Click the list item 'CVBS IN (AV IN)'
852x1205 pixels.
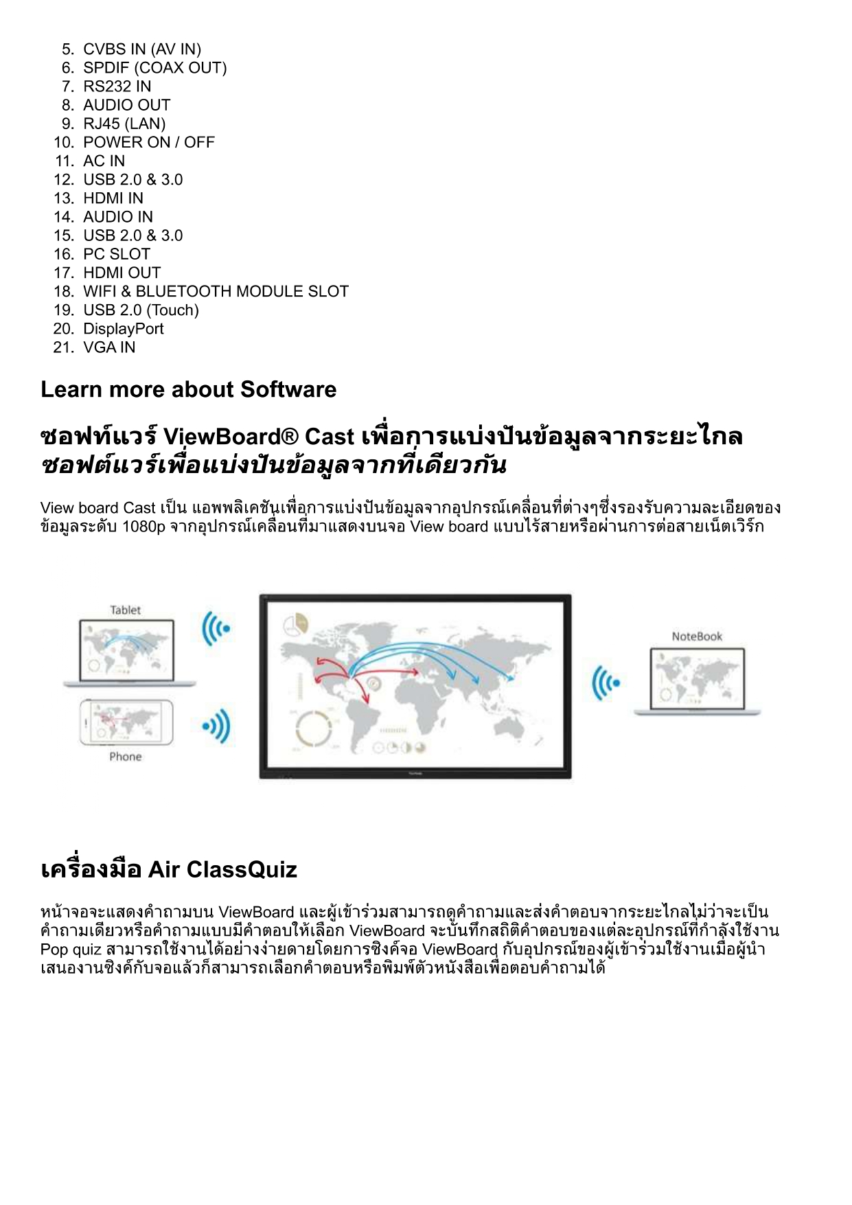tap(141, 49)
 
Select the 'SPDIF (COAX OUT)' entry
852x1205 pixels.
tap(154, 68)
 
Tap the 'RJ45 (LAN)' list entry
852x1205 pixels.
tap(124, 124)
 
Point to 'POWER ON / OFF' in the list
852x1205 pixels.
tap(148, 142)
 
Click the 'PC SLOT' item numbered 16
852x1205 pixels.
tap(116, 254)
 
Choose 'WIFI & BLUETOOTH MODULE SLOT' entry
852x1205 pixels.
tap(216, 291)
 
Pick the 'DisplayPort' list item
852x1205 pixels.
tap(124, 329)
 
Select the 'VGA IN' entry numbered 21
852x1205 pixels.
tap(109, 347)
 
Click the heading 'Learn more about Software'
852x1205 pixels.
tap(188, 389)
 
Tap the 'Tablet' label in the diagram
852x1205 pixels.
tap(125, 610)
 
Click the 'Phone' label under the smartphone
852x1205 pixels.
tap(125, 757)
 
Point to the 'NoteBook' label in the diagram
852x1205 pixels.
tap(697, 636)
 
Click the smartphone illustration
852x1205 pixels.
tap(126, 722)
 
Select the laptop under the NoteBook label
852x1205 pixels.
tap(697, 680)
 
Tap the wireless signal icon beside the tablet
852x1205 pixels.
tap(216, 628)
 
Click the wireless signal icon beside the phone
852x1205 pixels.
tap(217, 726)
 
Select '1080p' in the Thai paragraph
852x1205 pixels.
tap(143, 527)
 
